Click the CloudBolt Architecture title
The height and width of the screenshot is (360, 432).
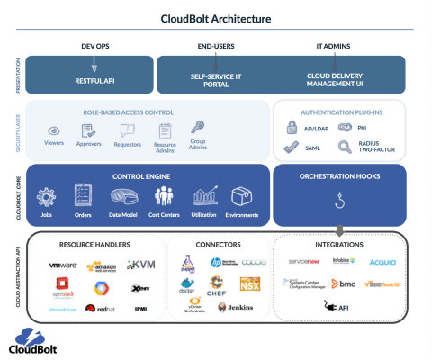tap(216, 18)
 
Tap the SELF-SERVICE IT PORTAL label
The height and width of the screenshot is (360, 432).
tap(213, 79)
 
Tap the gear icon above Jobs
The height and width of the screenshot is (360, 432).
tap(47, 194)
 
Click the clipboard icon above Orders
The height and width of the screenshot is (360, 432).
tap(83, 194)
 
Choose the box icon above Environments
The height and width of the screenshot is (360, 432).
tap(240, 195)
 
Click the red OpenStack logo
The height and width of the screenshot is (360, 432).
tap(62, 287)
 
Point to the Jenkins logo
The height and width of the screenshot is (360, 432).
tap(234, 309)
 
